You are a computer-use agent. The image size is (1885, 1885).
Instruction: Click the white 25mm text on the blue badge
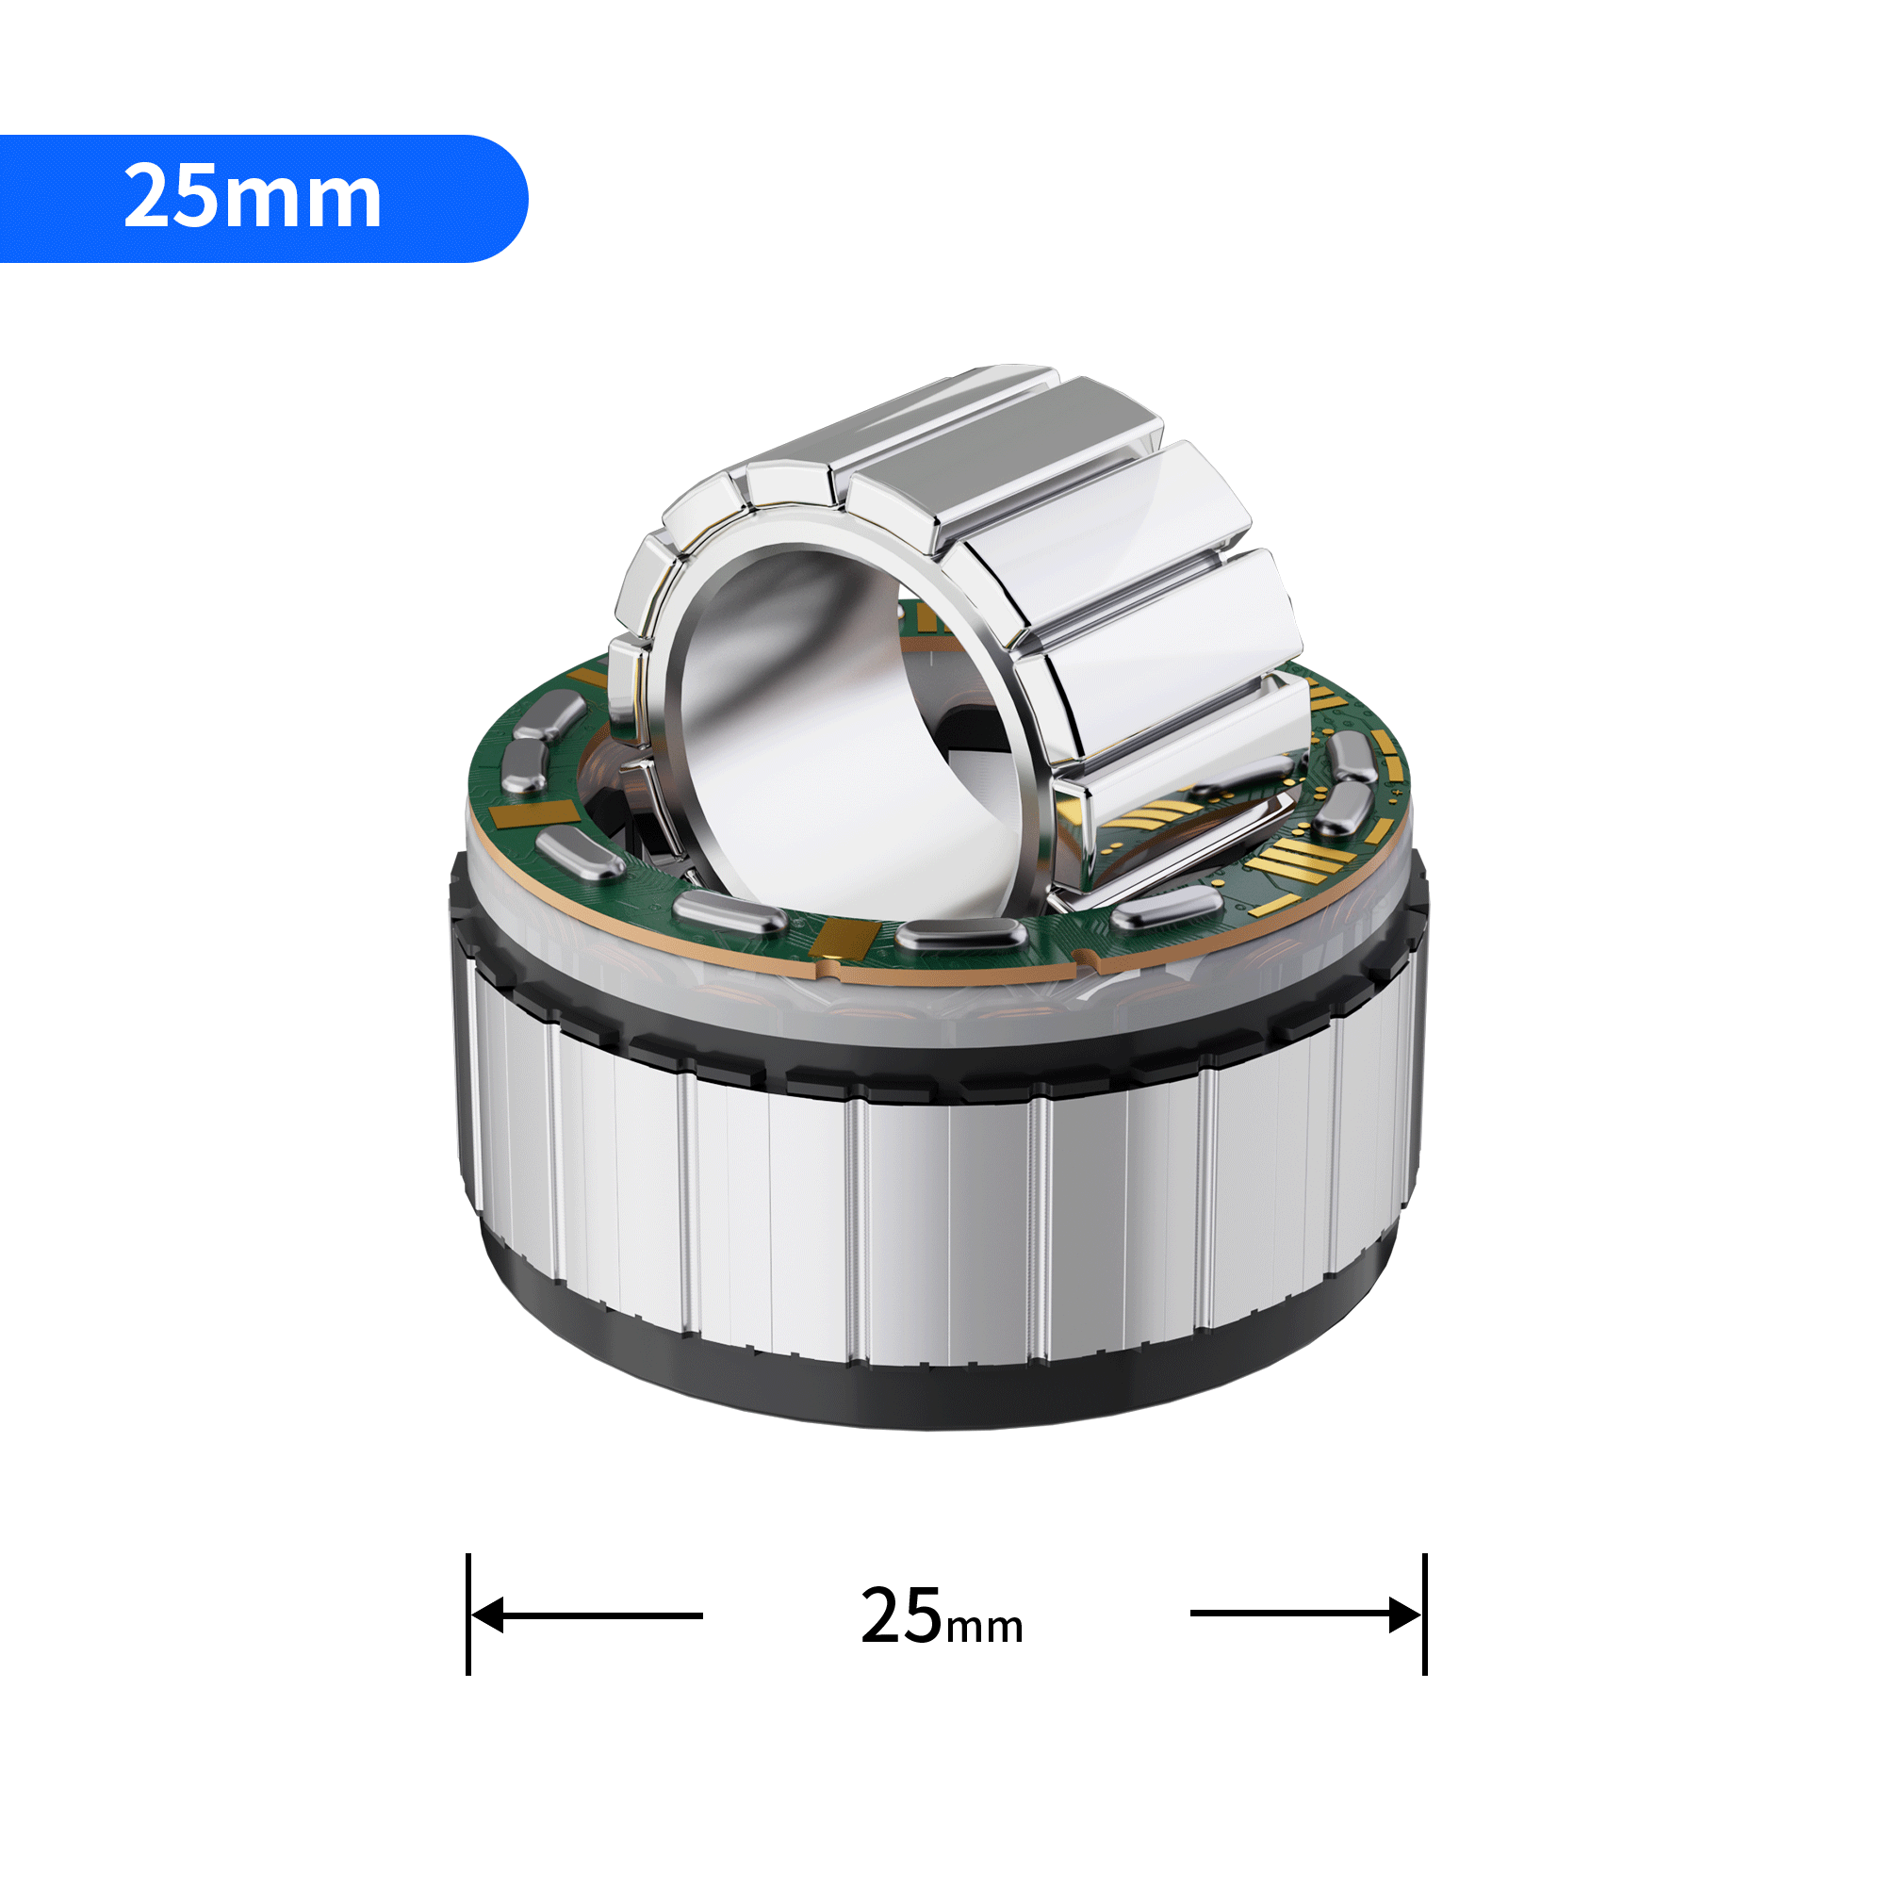(x=252, y=197)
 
